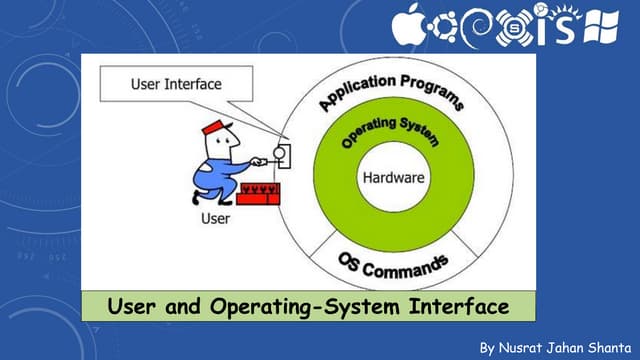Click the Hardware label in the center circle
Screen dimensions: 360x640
coord(393,179)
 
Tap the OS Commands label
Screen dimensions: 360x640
coord(391,266)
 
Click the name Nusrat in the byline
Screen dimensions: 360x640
coord(521,347)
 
